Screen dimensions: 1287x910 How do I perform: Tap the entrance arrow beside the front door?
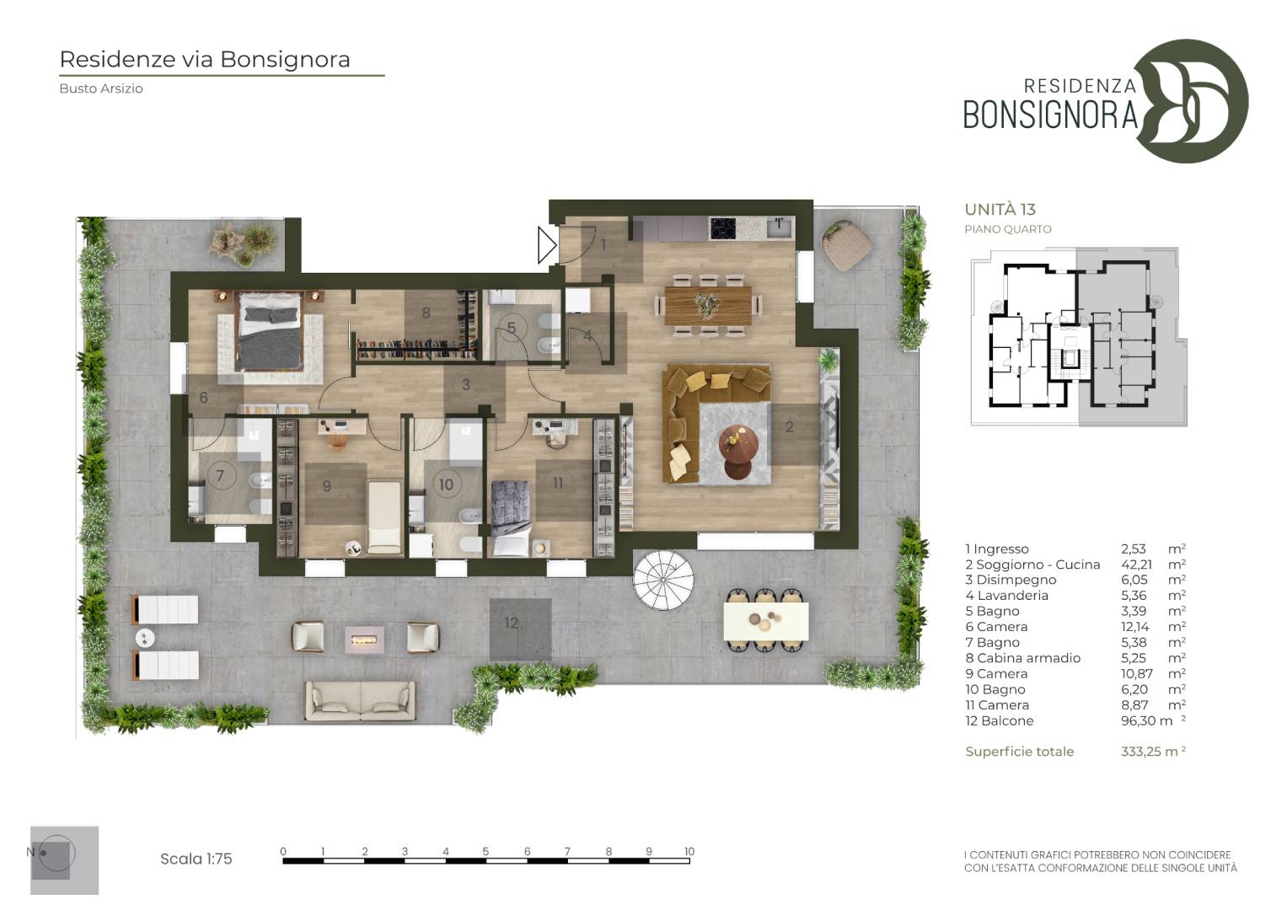547,245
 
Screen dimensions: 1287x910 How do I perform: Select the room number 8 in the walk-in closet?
426,313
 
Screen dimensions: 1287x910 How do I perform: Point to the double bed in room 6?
268,330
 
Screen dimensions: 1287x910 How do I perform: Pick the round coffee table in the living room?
737,452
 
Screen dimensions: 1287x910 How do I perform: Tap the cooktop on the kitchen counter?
723,227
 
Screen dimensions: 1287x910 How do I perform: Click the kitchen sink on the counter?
779,227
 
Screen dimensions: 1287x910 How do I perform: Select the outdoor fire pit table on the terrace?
364,639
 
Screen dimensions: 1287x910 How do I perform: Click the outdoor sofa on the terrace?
360,701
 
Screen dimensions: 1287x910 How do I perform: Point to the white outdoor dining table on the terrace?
766,620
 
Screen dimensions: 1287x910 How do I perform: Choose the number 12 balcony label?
512,623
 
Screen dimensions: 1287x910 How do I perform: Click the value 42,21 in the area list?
1136,565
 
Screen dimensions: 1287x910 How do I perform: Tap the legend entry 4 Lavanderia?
1006,595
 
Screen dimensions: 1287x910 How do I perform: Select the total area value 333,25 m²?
1153,752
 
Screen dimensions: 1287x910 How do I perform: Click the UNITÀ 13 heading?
1000,209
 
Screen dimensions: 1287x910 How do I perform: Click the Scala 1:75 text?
196,859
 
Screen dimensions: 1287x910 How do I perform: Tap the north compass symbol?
56,854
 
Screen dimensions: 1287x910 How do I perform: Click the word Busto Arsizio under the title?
101,88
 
